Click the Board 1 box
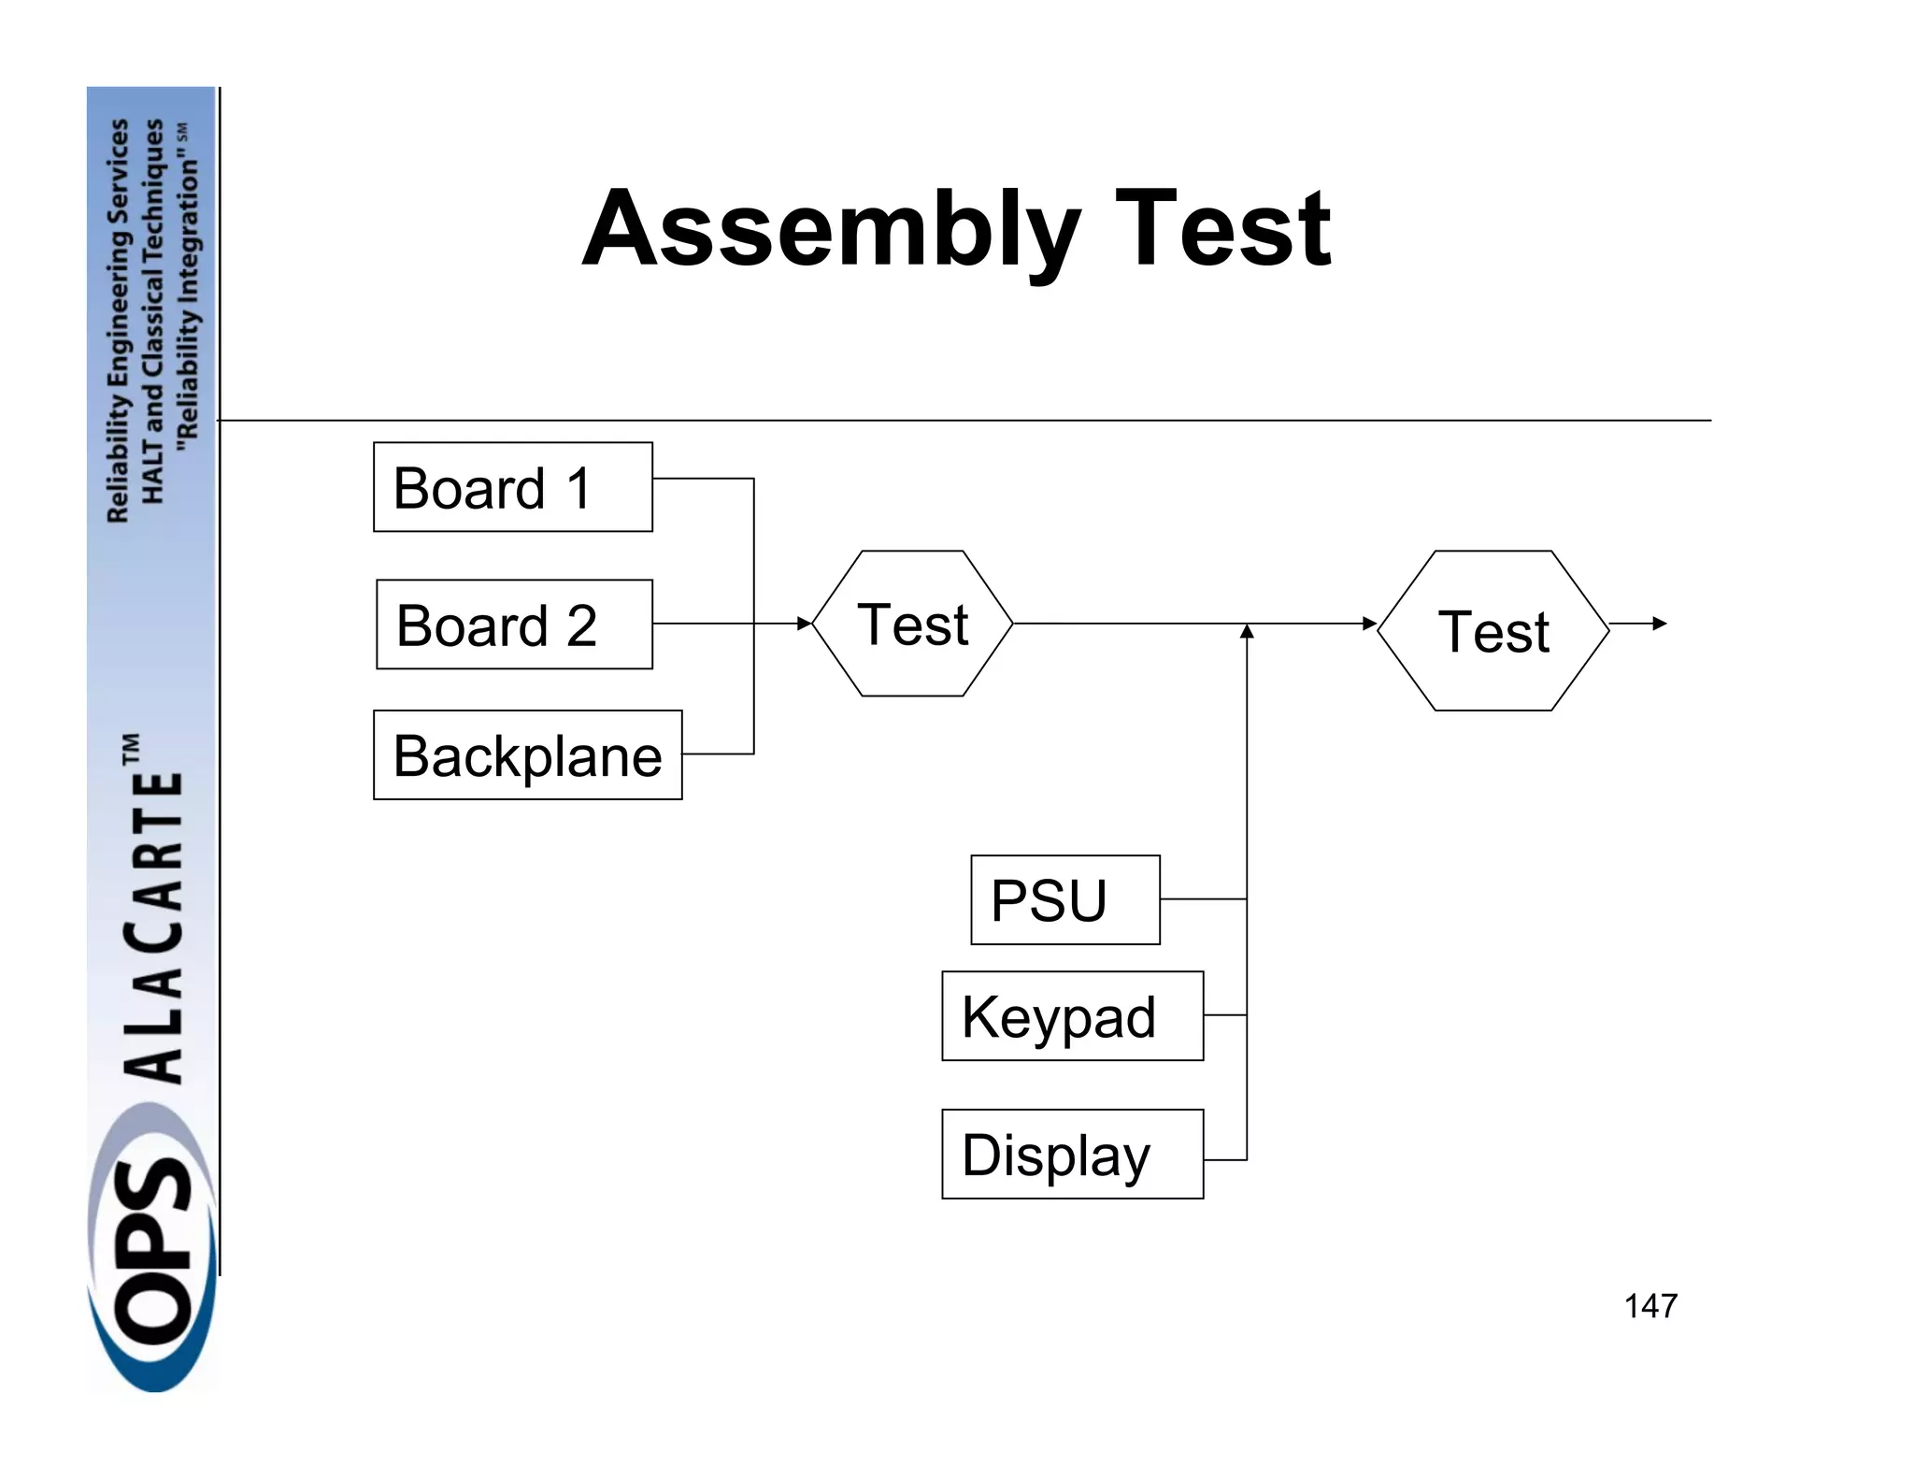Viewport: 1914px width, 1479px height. click(512, 487)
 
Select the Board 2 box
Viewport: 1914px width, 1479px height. click(514, 625)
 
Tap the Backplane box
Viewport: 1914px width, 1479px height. click(527, 755)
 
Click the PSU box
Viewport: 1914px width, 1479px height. click(1064, 899)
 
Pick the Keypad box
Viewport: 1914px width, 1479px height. click(1072, 1016)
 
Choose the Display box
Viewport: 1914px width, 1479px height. click(1072, 1155)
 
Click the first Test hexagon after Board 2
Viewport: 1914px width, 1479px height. click(912, 624)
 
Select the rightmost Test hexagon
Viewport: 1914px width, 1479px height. click(1493, 631)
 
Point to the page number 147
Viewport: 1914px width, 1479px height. click(1650, 1306)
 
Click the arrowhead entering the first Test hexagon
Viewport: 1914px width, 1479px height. click(805, 624)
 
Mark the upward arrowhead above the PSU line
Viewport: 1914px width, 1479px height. click(1246, 632)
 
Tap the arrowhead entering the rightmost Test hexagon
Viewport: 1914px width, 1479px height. click(1370, 624)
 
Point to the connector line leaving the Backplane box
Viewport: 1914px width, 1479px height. click(718, 754)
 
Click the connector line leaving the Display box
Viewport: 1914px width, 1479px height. click(1225, 1160)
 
